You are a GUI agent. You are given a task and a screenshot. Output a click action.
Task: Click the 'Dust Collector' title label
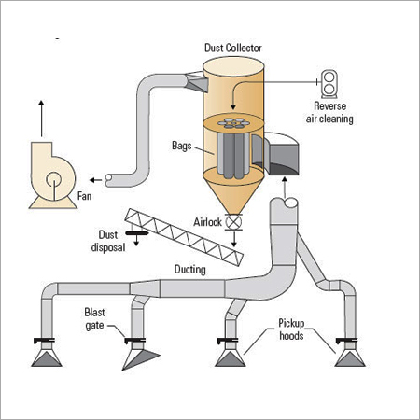233,48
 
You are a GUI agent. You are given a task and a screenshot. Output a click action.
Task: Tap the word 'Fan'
84,196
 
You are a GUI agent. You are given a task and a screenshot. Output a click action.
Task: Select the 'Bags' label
182,146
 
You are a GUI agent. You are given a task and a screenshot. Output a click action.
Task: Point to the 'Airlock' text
207,222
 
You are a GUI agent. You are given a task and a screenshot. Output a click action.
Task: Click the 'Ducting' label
189,270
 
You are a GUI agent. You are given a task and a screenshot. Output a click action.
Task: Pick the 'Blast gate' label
94,318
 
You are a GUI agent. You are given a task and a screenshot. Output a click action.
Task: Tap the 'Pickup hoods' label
291,329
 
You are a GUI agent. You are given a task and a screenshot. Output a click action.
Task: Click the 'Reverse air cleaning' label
329,112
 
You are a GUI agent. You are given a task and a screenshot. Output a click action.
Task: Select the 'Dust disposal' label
108,241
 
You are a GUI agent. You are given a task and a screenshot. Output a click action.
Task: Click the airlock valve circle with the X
233,222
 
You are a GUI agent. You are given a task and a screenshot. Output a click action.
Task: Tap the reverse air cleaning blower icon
329,84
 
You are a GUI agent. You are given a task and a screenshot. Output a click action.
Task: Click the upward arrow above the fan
41,119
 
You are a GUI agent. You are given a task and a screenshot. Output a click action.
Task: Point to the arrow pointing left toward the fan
95,180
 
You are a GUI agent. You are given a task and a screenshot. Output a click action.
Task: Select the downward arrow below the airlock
234,240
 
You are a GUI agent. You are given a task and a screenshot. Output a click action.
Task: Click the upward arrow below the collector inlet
285,188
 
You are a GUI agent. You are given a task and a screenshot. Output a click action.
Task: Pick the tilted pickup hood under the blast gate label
140,357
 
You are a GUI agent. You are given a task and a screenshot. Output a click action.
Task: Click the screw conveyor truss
184,237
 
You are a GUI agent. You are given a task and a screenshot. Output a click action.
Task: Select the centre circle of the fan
53,179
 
